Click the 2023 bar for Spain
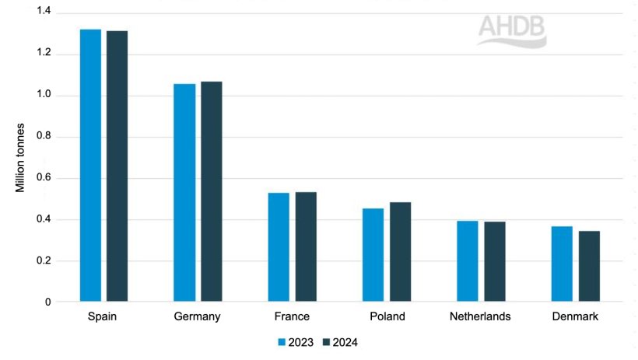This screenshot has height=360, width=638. point(90,165)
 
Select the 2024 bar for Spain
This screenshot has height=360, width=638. point(117,166)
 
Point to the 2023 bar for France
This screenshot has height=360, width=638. point(279,246)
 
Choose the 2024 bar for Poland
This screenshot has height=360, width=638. point(400,251)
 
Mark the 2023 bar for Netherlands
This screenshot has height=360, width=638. point(468,260)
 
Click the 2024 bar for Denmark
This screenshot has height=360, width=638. point(589,265)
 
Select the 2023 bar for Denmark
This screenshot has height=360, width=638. point(563,263)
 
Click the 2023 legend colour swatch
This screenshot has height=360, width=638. point(282,341)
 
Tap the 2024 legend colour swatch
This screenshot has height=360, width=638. point(327,341)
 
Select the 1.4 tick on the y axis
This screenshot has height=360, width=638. point(43,12)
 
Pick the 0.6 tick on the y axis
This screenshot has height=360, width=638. point(43,178)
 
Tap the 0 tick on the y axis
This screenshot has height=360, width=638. point(48,302)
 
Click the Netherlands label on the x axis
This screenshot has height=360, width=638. point(481,317)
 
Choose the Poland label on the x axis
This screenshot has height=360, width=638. point(387,317)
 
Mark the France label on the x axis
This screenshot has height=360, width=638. point(292,317)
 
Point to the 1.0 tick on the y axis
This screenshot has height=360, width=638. point(43,95)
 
